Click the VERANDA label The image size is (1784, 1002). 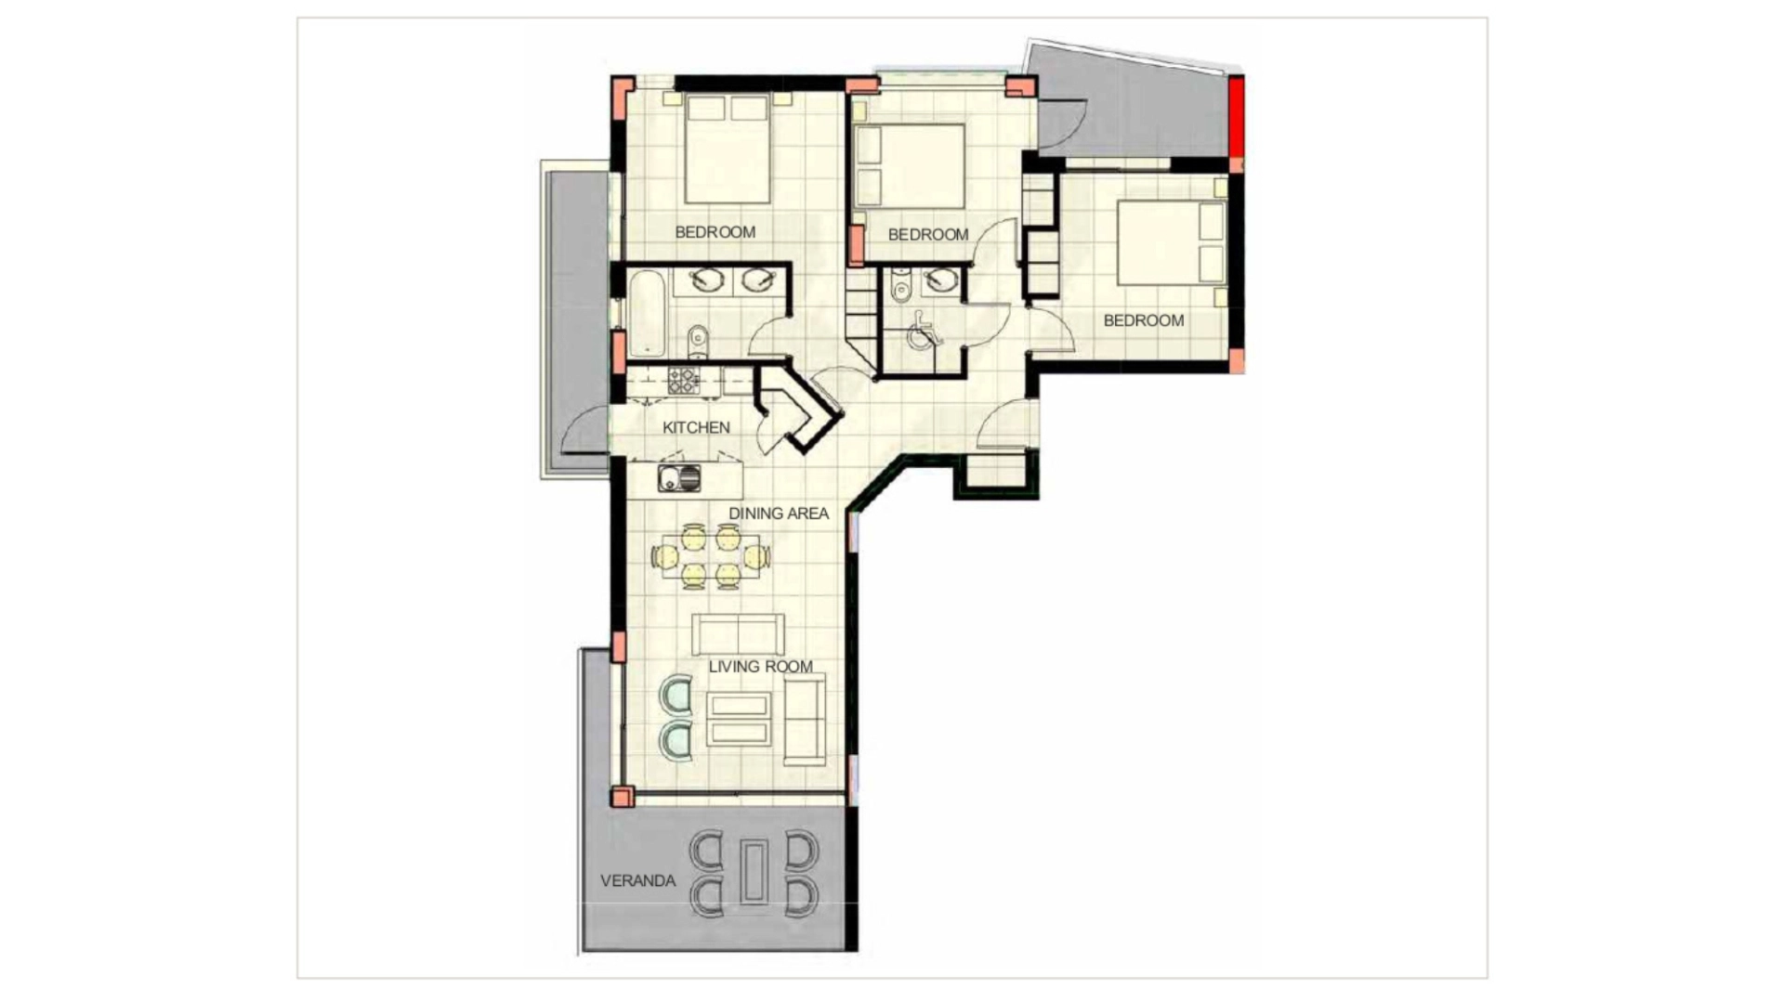[637, 880]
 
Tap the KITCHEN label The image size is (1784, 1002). [696, 427]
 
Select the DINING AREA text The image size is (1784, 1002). [778, 513]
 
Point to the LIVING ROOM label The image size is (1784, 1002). [760, 666]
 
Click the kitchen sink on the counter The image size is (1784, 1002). [679, 478]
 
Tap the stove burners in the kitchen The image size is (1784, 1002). [684, 381]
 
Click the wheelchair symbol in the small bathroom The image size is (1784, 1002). [922, 331]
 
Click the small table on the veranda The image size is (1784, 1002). [754, 871]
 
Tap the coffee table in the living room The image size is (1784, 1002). [739, 720]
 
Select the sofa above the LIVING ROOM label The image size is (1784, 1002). [738, 634]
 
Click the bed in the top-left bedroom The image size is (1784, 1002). [728, 148]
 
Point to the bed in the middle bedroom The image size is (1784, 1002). [910, 166]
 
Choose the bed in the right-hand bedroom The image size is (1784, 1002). [1171, 242]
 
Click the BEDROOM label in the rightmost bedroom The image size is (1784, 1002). [1144, 320]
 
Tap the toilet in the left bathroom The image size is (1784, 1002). [699, 341]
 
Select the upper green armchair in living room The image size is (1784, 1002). [676, 696]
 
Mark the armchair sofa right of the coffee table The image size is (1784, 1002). [805, 720]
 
